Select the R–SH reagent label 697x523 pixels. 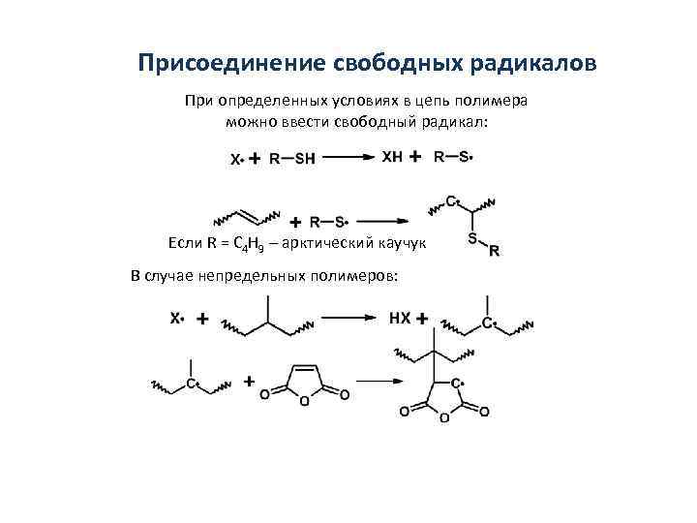tap(292, 160)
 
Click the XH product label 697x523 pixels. tap(394, 156)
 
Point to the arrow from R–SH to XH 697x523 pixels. tap(345, 157)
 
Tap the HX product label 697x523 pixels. tap(399, 318)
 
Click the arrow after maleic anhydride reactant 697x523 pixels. tap(375, 384)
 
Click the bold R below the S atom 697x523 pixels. tap(495, 252)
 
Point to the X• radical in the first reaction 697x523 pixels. tap(236, 160)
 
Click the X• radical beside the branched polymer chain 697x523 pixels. tap(178, 317)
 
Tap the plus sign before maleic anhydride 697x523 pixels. tap(250, 383)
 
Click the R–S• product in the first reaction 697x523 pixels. tap(453, 156)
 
